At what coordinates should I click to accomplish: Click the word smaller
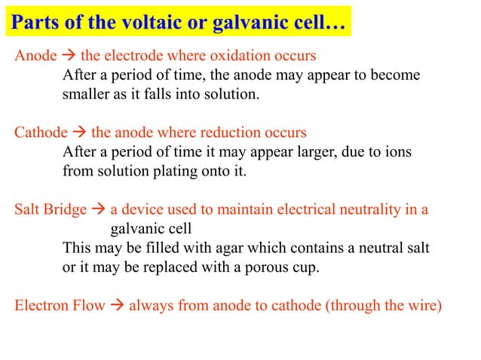tap(86, 95)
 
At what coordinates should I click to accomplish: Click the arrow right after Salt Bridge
tap(98, 209)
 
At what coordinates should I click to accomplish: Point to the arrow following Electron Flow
tap(117, 306)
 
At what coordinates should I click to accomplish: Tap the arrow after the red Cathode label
tap(78, 133)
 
